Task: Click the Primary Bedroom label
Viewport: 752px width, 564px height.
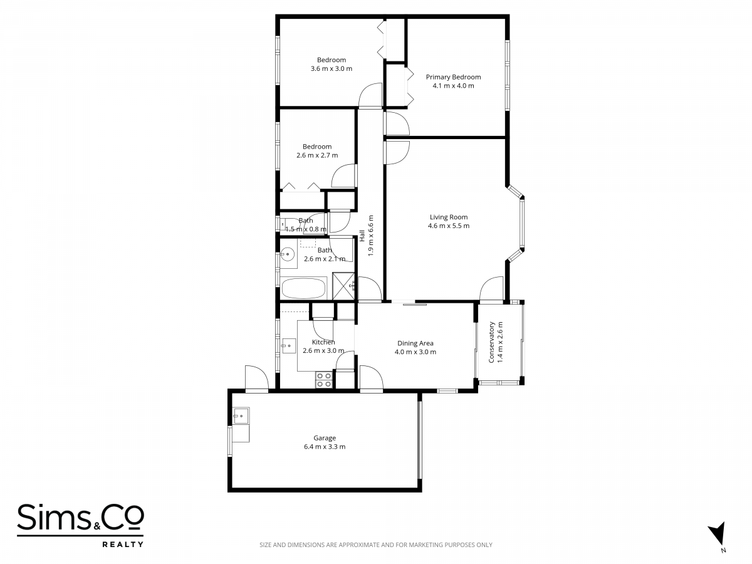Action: click(453, 77)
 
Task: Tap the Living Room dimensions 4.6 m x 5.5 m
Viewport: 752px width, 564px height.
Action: click(449, 226)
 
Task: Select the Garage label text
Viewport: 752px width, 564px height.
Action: click(325, 438)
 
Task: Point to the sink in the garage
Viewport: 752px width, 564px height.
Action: click(241, 415)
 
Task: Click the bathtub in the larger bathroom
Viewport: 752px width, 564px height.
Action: click(303, 288)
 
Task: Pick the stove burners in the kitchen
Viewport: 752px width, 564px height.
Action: click(324, 380)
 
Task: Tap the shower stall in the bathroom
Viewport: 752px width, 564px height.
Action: click(344, 286)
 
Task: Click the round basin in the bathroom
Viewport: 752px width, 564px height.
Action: click(288, 254)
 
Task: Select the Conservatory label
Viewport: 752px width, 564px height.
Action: click(491, 342)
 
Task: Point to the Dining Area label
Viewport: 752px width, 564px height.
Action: click(415, 343)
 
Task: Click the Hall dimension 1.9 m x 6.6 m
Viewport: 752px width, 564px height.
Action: click(370, 236)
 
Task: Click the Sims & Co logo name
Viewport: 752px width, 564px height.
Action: click(80, 517)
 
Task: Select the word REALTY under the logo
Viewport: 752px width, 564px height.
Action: click(123, 544)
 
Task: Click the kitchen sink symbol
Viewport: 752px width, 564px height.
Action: click(289, 346)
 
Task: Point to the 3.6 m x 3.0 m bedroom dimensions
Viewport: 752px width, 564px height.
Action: click(332, 68)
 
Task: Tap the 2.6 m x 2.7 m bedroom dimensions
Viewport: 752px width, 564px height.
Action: click(317, 155)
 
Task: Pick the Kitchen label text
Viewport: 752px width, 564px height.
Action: click(323, 342)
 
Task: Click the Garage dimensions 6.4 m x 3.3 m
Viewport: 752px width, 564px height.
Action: click(325, 447)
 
